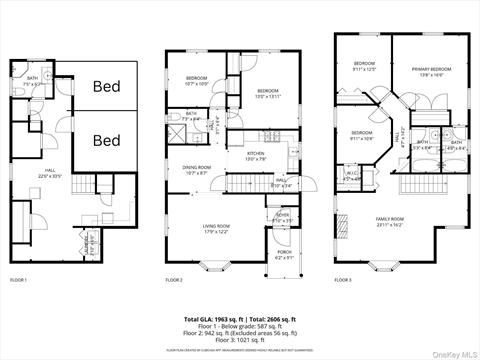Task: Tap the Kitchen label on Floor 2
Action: click(257, 155)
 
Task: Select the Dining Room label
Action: click(196, 170)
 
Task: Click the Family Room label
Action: click(389, 221)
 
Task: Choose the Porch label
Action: click(285, 254)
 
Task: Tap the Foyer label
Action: click(283, 217)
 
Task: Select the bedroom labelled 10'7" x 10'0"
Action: click(195, 81)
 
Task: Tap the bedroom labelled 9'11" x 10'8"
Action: click(361, 135)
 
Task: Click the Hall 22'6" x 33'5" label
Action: click(50, 173)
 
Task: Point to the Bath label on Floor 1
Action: click(33, 80)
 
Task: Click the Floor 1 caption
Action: click(18, 281)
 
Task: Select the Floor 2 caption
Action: click(175, 281)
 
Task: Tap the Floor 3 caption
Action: click(344, 281)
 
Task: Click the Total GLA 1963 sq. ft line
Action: click(239, 318)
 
